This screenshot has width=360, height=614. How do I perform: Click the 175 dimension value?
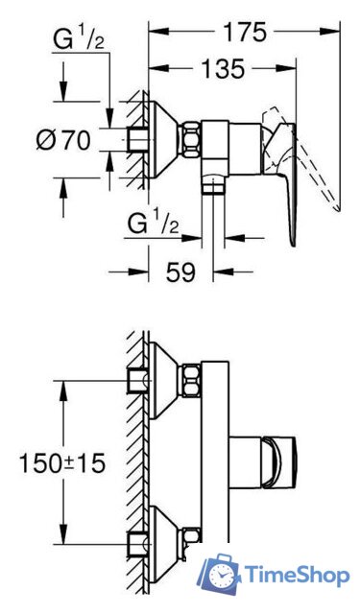(245, 32)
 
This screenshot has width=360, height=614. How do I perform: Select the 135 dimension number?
(223, 69)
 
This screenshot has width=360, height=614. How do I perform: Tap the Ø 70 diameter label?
(63, 140)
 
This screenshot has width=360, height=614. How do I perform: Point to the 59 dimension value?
(180, 272)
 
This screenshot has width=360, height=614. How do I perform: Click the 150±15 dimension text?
(61, 463)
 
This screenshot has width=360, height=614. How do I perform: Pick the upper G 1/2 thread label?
(79, 40)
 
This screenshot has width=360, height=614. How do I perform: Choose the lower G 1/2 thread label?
(154, 225)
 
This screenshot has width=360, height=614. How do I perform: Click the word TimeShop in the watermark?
(298, 575)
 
